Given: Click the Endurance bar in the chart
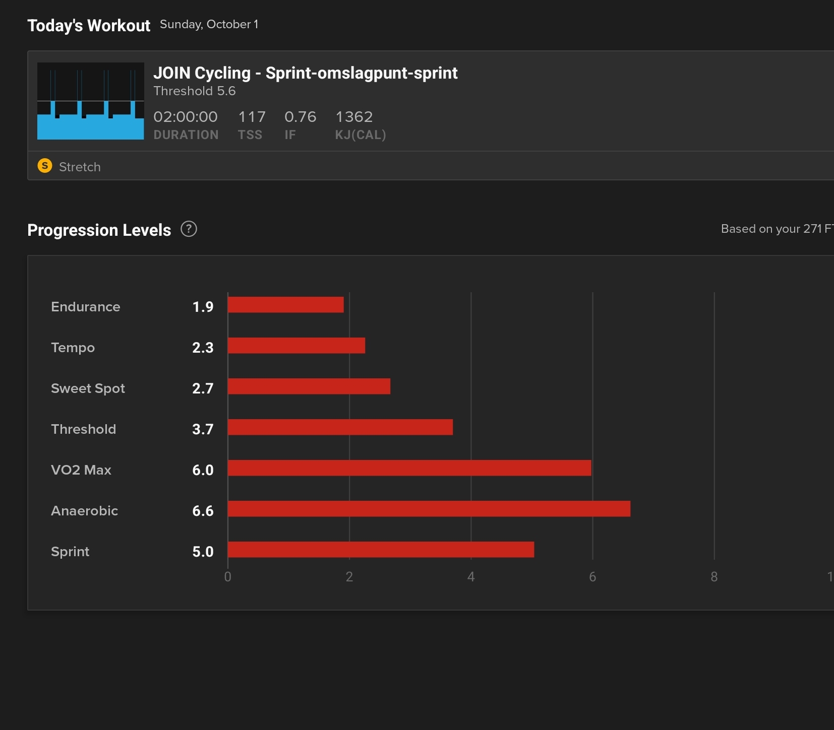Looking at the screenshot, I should (x=285, y=305).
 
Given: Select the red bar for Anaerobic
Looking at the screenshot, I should (x=429, y=509).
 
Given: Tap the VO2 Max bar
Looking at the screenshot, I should (x=409, y=468).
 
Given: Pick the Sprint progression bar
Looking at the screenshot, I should (x=381, y=550).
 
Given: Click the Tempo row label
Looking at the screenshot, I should (x=73, y=348).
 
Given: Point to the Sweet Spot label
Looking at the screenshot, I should (x=88, y=388).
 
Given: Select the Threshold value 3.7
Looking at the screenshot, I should (x=203, y=429).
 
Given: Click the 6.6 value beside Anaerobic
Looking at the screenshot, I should (x=203, y=511).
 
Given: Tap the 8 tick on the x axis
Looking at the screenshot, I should (x=714, y=577).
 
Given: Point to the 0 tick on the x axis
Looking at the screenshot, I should (x=228, y=577).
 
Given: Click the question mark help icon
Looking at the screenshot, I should (x=189, y=229).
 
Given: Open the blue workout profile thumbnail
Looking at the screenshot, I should (x=91, y=101).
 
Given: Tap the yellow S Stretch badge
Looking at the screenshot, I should (x=45, y=166).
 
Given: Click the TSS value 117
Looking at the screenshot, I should (x=252, y=117).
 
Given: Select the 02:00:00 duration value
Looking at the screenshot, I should (x=186, y=117).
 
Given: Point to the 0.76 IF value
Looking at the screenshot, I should (x=300, y=117).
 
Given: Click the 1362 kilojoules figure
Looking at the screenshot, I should (x=354, y=117).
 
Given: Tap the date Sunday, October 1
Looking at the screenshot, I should (x=209, y=24).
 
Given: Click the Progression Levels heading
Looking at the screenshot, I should (x=99, y=230).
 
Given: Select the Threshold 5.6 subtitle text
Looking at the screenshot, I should (x=194, y=91).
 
